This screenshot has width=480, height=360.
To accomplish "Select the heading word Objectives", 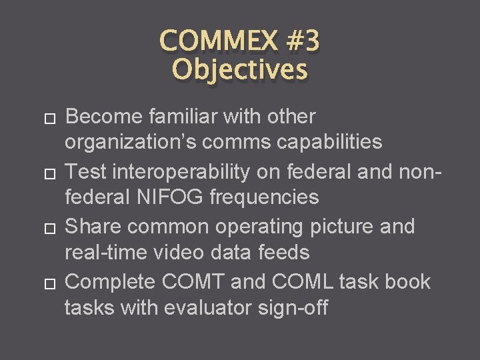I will [240, 69].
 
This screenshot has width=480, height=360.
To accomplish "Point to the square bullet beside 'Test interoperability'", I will [47, 173].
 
